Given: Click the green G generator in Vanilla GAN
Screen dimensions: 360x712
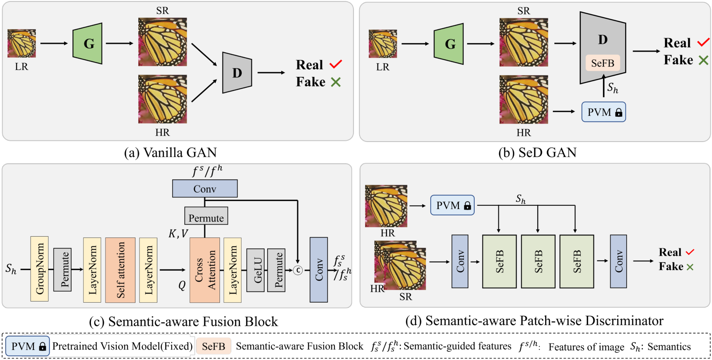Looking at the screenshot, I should pyautogui.click(x=88, y=44).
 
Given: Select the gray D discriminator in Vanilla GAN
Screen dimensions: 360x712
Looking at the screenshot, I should pyautogui.click(x=237, y=73).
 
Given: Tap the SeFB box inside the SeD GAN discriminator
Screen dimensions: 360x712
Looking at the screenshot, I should pyautogui.click(x=602, y=63).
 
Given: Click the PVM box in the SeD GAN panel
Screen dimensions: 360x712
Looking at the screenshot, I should pyautogui.click(x=603, y=112).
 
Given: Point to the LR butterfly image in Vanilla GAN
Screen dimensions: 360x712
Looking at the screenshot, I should pyautogui.click(x=22, y=44).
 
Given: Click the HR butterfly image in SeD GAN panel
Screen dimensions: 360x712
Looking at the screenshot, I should pyautogui.click(x=523, y=100).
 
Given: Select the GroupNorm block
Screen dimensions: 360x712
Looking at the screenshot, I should pyautogui.click(x=39, y=268).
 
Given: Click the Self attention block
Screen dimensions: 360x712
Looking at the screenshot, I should pyautogui.click(x=120, y=270).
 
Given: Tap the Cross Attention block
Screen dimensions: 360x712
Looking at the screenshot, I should pyautogui.click(x=205, y=270).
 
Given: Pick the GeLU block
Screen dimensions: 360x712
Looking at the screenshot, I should pyautogui.click(x=256, y=270).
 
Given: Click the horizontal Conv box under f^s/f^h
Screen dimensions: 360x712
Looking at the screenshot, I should pyautogui.click(x=205, y=189).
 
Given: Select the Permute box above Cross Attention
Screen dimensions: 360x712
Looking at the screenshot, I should pyautogui.click(x=206, y=216).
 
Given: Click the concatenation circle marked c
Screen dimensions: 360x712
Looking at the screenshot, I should pyautogui.click(x=298, y=270).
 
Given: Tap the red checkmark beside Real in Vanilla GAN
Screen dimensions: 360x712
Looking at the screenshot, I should pyautogui.click(x=335, y=64).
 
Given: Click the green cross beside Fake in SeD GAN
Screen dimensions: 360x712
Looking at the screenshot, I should pyautogui.click(x=703, y=60).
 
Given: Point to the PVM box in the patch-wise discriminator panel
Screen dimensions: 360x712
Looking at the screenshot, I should pyautogui.click(x=452, y=205).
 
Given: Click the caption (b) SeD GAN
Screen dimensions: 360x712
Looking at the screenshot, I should pyautogui.click(x=537, y=152).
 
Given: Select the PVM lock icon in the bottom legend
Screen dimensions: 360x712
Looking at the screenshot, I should pyautogui.click(x=42, y=347).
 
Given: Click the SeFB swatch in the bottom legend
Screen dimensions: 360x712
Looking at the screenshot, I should pyautogui.click(x=213, y=346).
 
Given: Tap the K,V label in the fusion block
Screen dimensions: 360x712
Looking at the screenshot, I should pyautogui.click(x=178, y=234).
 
